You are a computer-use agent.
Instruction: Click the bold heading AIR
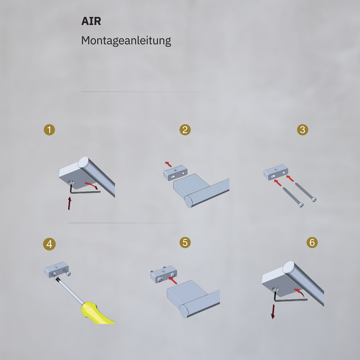click(91, 21)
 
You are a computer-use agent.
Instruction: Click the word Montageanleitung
click(126, 41)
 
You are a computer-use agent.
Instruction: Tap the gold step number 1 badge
click(49, 130)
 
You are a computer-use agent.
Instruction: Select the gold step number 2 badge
click(185, 130)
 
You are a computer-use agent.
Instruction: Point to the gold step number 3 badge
click(303, 130)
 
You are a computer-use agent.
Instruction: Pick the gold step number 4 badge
click(49, 244)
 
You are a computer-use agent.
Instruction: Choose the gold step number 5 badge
click(185, 242)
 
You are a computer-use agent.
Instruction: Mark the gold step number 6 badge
click(312, 242)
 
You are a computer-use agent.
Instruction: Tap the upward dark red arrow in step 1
click(70, 203)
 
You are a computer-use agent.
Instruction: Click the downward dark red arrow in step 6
click(273, 311)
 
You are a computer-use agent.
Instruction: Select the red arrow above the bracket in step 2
click(168, 164)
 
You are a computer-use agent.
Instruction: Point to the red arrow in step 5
click(173, 281)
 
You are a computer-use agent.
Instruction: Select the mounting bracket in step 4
click(57, 269)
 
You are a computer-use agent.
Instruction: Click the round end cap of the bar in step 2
click(189, 201)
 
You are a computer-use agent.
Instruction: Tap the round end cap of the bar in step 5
click(184, 311)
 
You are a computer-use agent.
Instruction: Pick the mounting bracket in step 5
click(163, 275)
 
